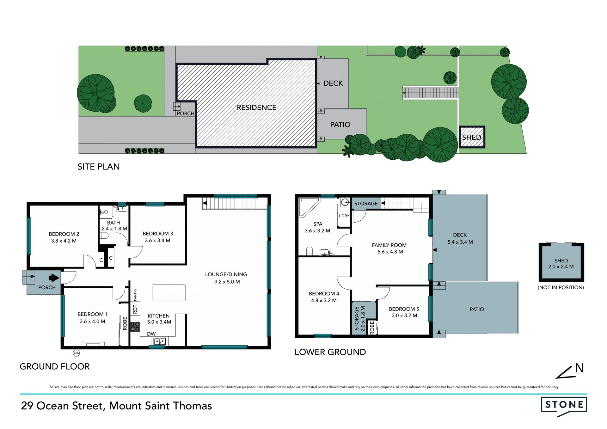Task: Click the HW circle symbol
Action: tap(76, 353)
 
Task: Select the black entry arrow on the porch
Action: tap(54, 278)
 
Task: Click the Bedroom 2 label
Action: tap(64, 234)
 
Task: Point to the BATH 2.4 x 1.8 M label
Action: tap(114, 225)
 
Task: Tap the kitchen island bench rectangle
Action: tap(169, 292)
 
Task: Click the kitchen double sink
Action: tap(159, 341)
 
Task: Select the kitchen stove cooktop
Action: tap(135, 327)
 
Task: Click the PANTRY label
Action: tap(135, 295)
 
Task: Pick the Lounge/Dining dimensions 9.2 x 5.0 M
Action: tap(227, 282)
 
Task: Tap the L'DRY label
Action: tap(344, 216)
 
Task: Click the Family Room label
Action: tap(389, 245)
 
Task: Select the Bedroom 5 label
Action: tap(404, 309)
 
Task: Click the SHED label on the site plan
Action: tap(471, 137)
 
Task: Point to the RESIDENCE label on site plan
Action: tap(256, 107)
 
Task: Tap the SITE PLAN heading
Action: tap(99, 167)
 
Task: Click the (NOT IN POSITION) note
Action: tap(561, 287)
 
